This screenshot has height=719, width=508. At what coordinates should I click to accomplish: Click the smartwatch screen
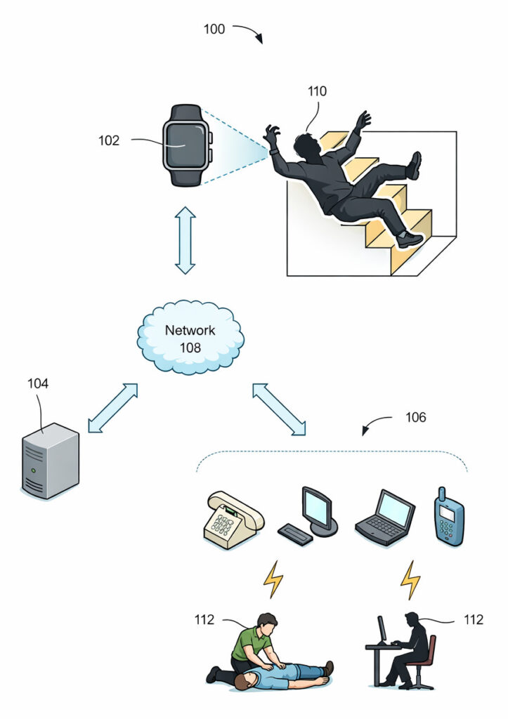tap(185, 145)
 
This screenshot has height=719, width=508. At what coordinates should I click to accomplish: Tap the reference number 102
tap(109, 140)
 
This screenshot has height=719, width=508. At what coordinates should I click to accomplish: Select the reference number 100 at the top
tap(214, 29)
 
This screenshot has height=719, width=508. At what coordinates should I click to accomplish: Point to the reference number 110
tap(317, 91)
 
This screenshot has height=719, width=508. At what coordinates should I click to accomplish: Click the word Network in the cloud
tap(190, 330)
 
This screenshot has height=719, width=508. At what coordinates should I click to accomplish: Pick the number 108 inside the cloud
tap(190, 347)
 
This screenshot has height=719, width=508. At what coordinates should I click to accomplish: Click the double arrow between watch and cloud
tap(185, 239)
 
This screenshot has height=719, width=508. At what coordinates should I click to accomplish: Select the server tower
tap(50, 461)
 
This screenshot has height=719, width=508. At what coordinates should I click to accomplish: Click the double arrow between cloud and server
tap(112, 407)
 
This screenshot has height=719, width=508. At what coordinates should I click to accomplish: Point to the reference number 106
tap(415, 418)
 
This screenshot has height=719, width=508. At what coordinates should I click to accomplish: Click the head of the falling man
tap(306, 146)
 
